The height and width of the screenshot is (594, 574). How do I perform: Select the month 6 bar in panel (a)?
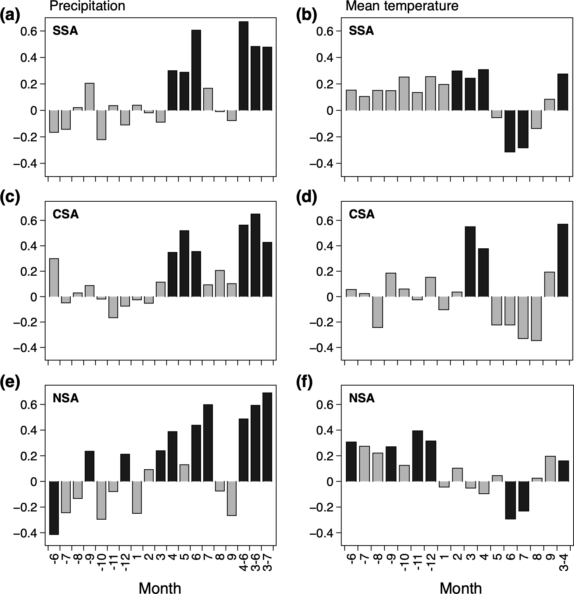coord(196,70)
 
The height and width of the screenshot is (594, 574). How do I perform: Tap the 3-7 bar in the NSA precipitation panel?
coord(267,437)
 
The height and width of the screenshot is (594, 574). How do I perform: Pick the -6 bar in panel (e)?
coord(54,508)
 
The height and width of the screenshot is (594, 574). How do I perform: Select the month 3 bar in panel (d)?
coord(470,261)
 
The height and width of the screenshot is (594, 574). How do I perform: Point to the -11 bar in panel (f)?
coord(417,456)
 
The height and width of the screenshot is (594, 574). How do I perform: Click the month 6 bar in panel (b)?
coord(510,131)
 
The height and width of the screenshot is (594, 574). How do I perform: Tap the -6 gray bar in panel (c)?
coord(54,278)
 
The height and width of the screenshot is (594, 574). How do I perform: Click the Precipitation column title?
coord(87,6)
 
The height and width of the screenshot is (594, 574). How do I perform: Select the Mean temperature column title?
coord(402,6)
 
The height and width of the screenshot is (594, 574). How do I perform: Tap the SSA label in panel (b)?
coord(361,31)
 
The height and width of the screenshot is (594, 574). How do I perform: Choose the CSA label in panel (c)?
coord(66,214)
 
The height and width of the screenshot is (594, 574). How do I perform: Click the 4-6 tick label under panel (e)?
coord(244,561)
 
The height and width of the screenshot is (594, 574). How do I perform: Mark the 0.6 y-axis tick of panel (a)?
coord(30,31)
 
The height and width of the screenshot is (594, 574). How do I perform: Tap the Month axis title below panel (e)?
coord(160,587)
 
